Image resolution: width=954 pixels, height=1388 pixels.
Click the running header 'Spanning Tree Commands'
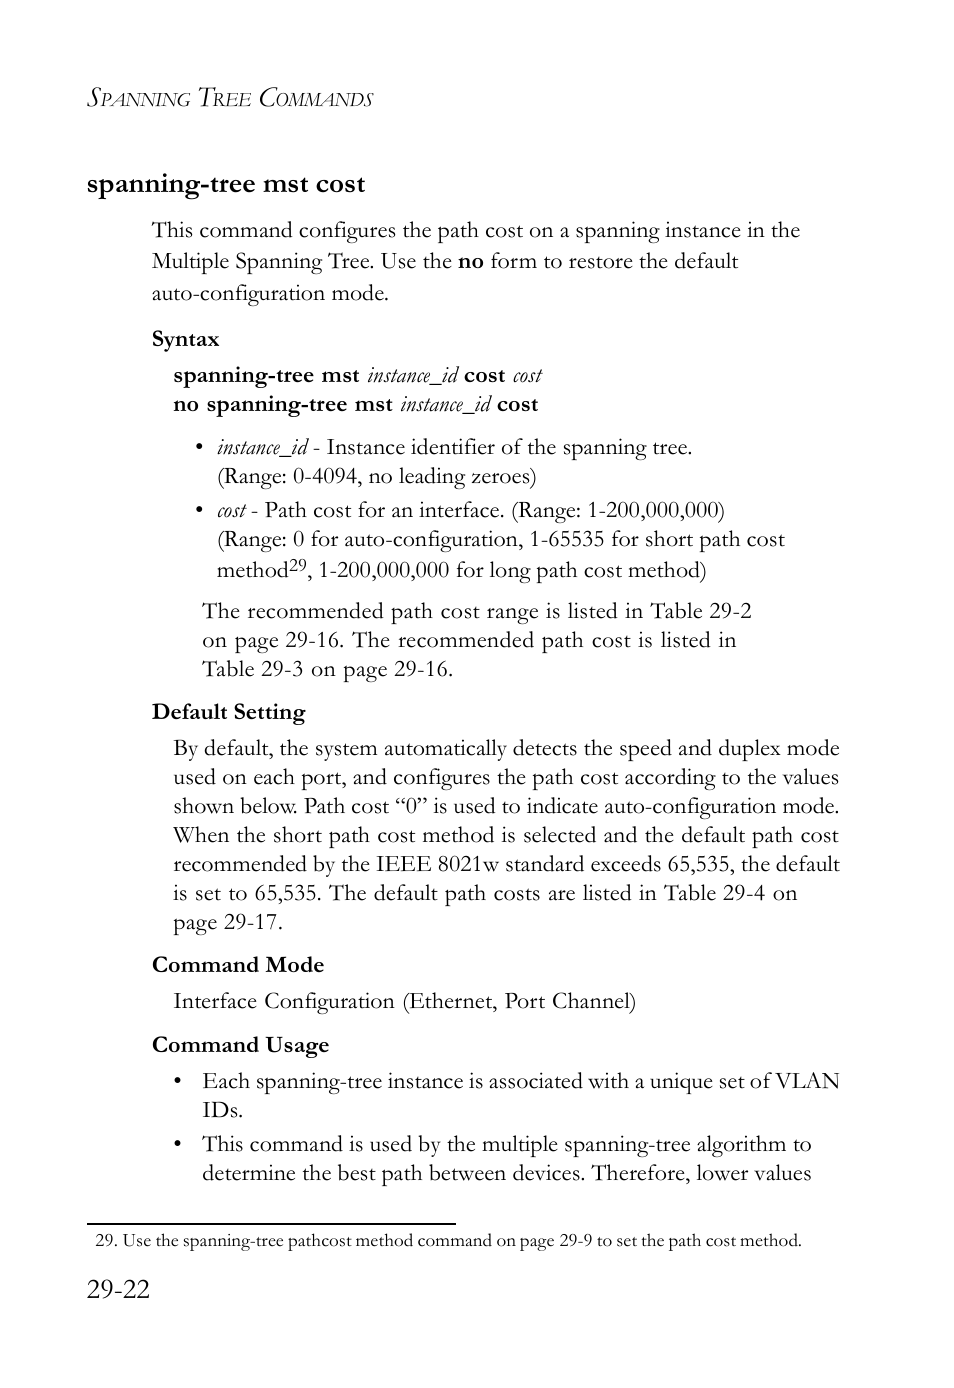click(230, 98)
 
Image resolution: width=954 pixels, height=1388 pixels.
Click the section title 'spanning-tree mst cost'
click(226, 184)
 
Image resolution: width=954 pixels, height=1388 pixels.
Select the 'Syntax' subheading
click(185, 339)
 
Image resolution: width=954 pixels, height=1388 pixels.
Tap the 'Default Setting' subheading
click(228, 712)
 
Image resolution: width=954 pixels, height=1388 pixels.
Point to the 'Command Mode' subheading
click(238, 965)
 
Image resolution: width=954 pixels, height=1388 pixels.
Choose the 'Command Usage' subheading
click(240, 1045)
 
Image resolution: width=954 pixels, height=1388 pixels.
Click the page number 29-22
click(118, 1290)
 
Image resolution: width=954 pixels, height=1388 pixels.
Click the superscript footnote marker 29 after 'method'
click(298, 565)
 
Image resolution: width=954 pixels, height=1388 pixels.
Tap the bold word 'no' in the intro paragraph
click(470, 262)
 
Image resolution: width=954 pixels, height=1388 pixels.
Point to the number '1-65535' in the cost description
click(567, 539)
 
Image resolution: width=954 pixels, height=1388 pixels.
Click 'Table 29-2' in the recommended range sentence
click(701, 611)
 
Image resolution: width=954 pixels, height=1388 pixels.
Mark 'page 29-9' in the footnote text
click(556, 1241)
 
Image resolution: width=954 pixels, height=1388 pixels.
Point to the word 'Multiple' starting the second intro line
click(190, 262)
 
